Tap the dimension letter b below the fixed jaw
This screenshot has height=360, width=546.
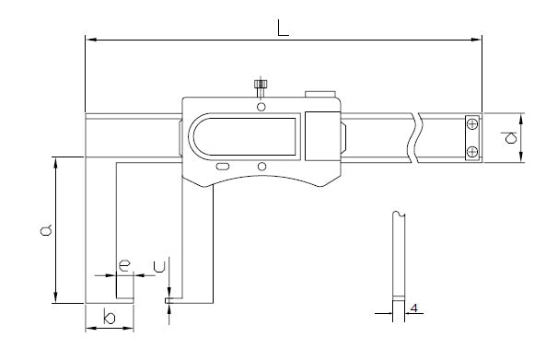109,318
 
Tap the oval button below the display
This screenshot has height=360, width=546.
223,167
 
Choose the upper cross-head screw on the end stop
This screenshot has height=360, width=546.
471,124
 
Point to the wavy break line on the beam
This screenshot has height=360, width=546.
418,136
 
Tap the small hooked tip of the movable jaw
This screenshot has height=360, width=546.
170,298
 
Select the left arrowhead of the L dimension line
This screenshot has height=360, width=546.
89,39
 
